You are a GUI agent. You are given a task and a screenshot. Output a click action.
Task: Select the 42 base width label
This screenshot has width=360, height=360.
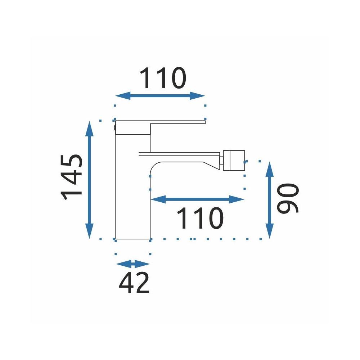[x=134, y=283]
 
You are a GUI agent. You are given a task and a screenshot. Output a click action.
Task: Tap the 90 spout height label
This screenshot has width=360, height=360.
[x=288, y=198]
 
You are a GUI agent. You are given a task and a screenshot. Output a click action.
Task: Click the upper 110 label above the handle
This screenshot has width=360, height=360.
[x=163, y=78]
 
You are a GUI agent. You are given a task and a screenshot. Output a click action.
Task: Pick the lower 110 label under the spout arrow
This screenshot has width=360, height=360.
[x=200, y=218]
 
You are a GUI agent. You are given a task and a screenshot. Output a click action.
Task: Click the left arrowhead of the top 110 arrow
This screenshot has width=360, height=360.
[x=123, y=96]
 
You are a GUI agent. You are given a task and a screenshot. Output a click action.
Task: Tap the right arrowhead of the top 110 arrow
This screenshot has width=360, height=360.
[x=197, y=96]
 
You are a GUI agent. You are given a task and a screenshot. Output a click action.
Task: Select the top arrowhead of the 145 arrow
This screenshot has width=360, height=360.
[x=89, y=129]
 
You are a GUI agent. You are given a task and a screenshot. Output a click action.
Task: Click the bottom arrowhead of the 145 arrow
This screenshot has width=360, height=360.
[x=89, y=231]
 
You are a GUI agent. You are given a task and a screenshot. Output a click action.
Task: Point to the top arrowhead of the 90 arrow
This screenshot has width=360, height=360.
[x=270, y=169]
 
